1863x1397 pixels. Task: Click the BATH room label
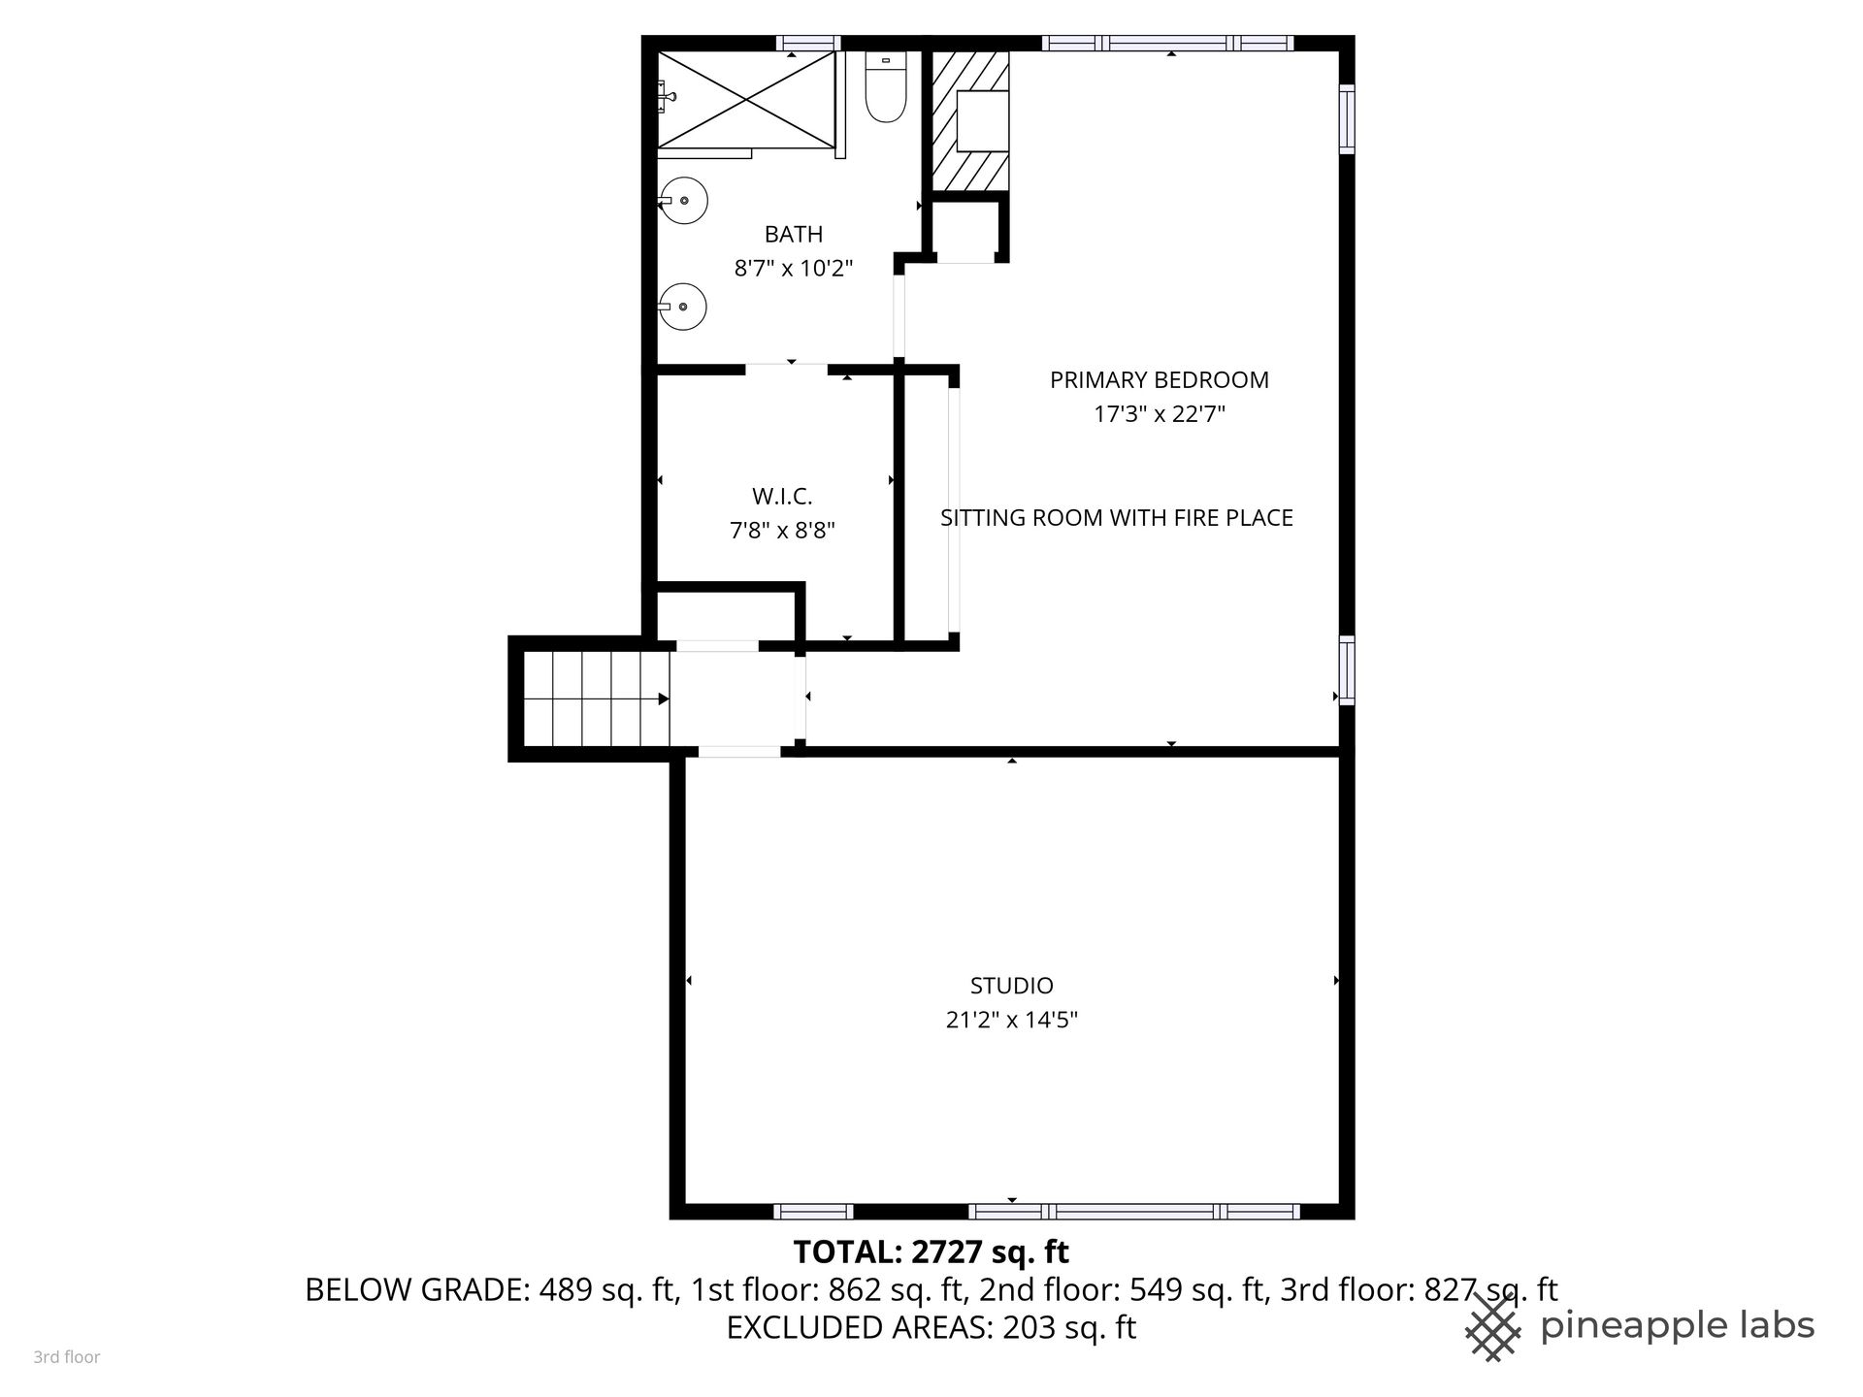pos(794,234)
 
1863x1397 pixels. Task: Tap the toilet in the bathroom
pos(885,88)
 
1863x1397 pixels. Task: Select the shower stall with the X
pos(746,100)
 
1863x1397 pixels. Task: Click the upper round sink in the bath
pos(683,201)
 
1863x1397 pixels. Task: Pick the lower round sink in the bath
pos(683,306)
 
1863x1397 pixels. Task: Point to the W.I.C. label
pos(782,497)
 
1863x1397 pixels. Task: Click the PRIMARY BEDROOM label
pos(1160,380)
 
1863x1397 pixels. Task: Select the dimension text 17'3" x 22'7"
pos(1160,414)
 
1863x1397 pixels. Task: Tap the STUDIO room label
pos(1012,986)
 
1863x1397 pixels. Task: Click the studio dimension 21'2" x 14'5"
pos(1012,1020)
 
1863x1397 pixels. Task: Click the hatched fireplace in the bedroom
pos(970,120)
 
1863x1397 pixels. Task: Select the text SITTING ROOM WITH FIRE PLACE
pos(1117,518)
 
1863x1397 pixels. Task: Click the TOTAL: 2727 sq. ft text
pos(931,1252)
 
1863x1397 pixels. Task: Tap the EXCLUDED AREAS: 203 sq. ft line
pos(931,1326)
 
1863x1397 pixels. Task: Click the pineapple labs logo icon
pos(1493,1326)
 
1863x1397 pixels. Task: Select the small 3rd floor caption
pos(67,1357)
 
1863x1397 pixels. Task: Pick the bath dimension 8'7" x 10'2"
pos(794,268)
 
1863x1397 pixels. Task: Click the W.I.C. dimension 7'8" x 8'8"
pos(782,531)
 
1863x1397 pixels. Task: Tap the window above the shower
pos(808,43)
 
